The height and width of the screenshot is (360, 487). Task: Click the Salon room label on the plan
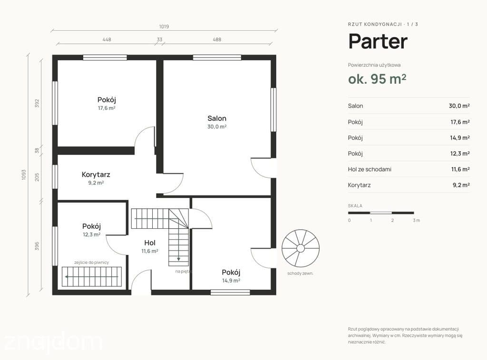[217, 118]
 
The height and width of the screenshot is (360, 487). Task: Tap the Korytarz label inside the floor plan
[96, 175]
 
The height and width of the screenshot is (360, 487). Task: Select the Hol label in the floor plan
[150, 243]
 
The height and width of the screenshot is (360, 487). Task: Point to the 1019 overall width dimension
[164, 27]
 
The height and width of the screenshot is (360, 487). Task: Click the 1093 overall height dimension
[24, 175]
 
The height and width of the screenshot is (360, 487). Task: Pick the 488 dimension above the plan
[217, 39]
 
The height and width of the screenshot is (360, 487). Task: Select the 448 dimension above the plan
[107, 39]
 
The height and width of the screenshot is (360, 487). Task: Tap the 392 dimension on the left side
[37, 103]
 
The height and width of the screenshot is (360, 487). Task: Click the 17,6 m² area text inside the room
[107, 108]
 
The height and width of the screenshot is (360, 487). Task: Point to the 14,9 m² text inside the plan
[231, 281]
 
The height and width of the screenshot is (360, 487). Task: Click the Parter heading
[378, 41]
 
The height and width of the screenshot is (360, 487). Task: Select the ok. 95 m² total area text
[377, 79]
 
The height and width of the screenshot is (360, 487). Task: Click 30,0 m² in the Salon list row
[459, 106]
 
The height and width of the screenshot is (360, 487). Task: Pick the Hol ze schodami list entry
[370, 169]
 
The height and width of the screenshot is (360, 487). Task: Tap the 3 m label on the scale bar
[416, 220]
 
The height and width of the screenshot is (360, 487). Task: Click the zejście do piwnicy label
[92, 263]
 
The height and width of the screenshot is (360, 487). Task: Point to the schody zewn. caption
[301, 273]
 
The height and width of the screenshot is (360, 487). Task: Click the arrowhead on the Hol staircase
[179, 258]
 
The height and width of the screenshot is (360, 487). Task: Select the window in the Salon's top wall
[217, 58]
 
